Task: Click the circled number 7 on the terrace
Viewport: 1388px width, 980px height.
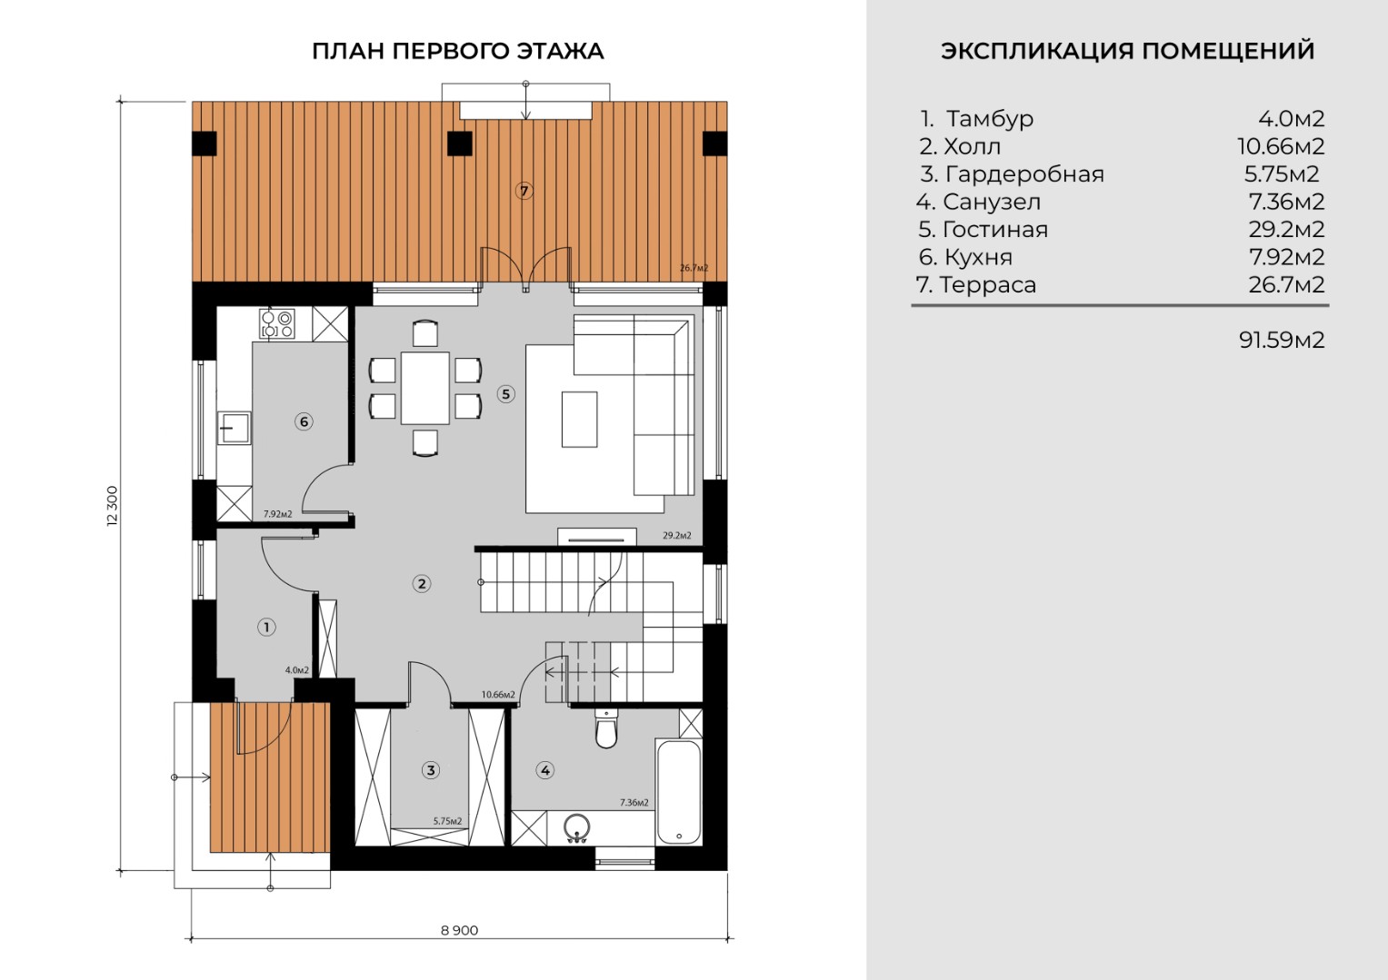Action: [x=524, y=192]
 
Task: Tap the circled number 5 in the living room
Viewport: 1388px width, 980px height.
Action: [x=505, y=394]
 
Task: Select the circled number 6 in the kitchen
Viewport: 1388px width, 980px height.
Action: [x=304, y=422]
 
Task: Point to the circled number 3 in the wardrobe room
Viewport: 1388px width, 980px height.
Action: [x=431, y=770]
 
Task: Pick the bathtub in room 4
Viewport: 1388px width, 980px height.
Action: [x=678, y=792]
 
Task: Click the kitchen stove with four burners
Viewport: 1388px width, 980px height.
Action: [x=276, y=323]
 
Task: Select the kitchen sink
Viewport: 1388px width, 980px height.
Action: [x=235, y=428]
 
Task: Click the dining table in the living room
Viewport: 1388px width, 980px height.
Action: [x=425, y=388]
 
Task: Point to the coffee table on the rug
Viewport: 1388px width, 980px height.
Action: [x=579, y=419]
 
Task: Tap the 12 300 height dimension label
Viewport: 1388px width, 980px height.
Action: [x=112, y=506]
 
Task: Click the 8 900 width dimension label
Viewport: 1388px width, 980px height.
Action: [x=459, y=930]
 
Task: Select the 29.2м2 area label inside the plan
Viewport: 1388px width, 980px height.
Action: [x=676, y=536]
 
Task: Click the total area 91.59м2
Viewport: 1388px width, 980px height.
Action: [x=1282, y=340]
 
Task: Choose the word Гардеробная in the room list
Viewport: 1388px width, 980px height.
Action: [x=1024, y=174]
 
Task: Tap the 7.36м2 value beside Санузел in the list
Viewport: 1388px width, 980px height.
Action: [x=1286, y=202]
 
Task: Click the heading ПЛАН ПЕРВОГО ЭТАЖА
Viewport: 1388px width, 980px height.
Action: [x=458, y=51]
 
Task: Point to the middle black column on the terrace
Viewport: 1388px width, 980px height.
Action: [x=460, y=144]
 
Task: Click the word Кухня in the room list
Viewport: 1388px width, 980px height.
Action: [x=978, y=257]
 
